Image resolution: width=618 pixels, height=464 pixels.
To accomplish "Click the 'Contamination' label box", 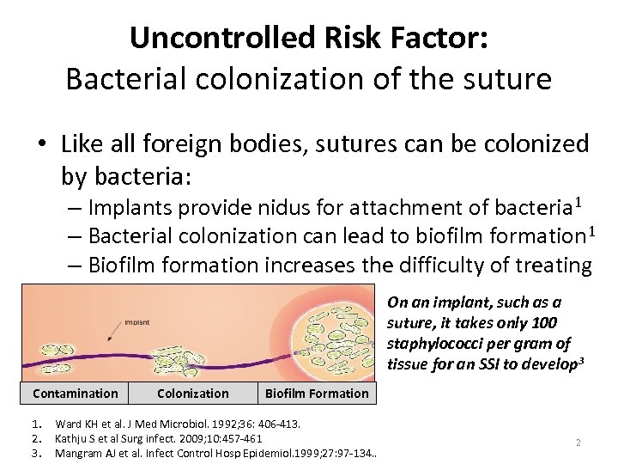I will click(x=76, y=394).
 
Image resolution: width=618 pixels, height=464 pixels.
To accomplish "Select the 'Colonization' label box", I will click(x=193, y=394).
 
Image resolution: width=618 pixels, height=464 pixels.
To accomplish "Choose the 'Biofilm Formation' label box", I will click(x=317, y=394).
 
